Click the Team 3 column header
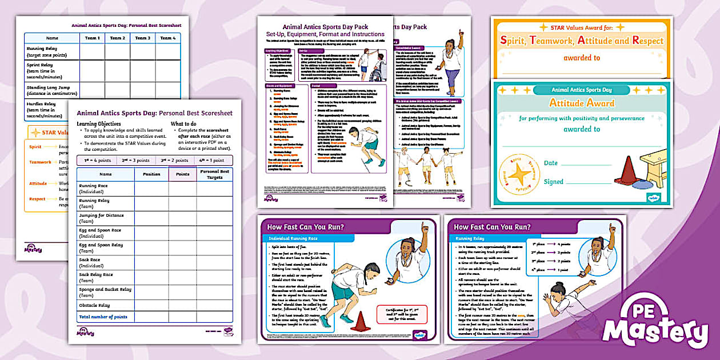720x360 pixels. pos(142,38)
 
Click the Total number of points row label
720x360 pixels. pos(103,317)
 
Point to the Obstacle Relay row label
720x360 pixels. pos(95,305)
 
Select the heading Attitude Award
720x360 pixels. pos(582,103)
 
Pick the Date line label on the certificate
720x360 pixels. pos(550,163)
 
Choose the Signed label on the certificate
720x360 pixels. pos(553,182)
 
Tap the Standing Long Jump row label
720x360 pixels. pos(49,90)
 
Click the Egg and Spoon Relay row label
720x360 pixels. pos(101,247)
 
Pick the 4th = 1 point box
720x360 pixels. pos(213,160)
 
